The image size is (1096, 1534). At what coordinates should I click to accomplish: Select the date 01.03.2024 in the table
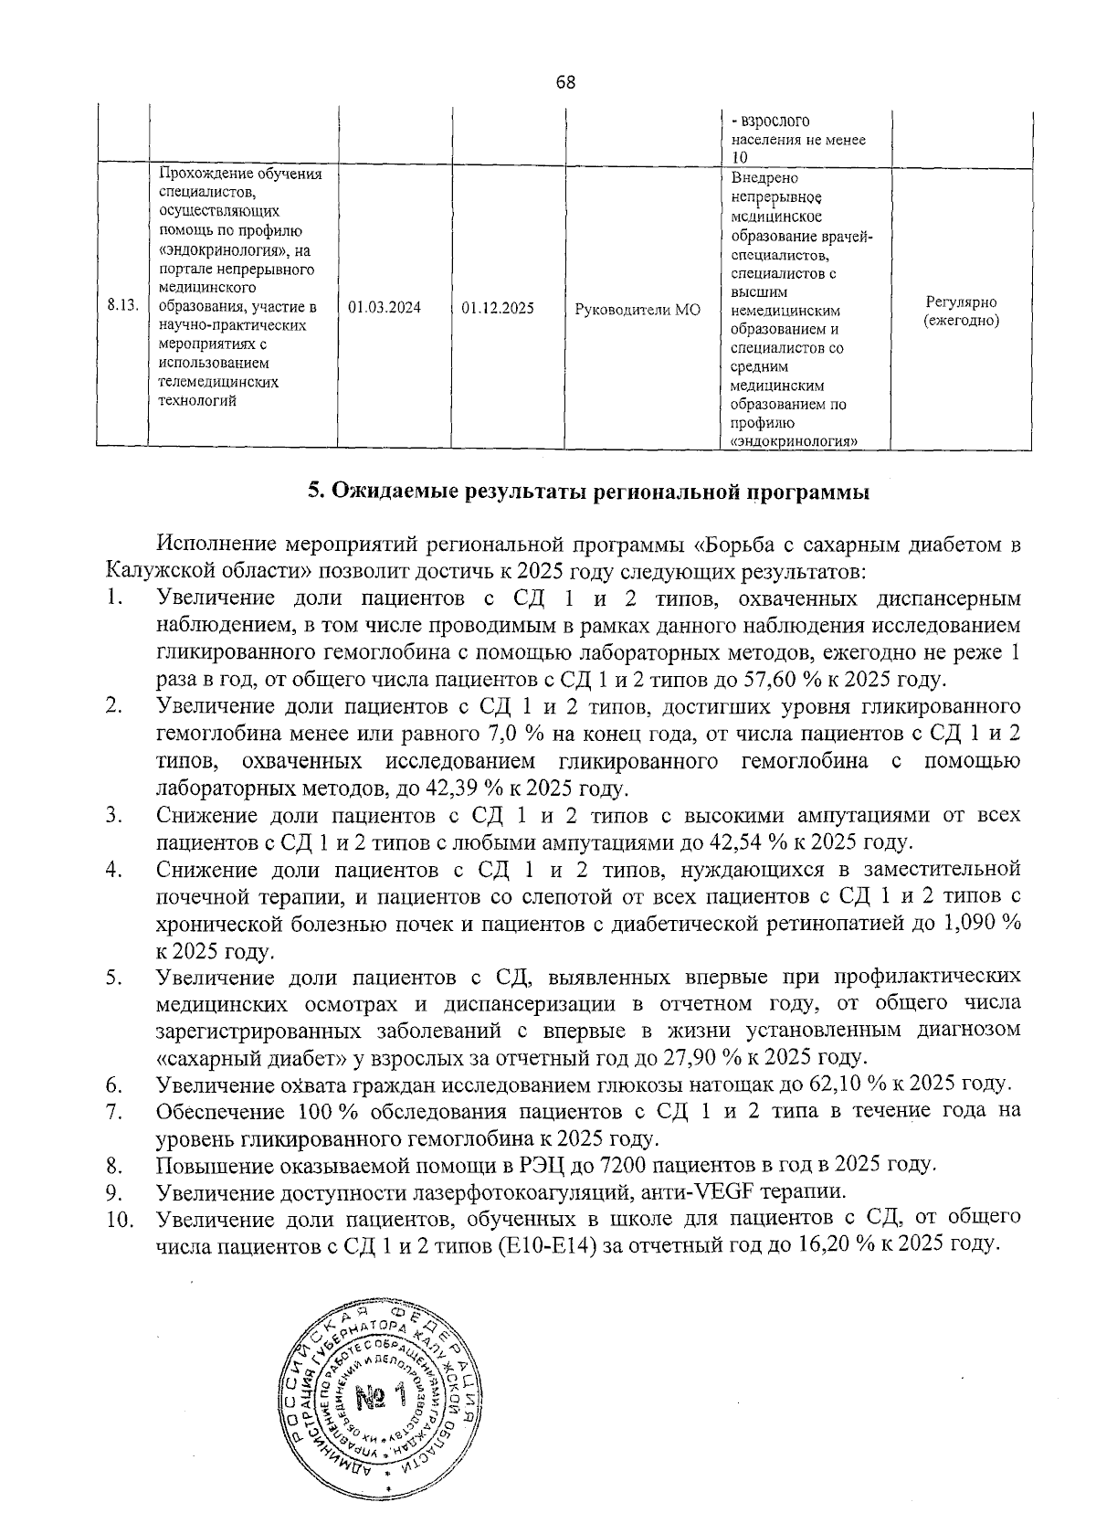pyautogui.click(x=385, y=309)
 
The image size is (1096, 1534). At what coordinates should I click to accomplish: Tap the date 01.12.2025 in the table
pyautogui.click(x=498, y=309)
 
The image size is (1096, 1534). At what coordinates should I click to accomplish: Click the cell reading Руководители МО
pyautogui.click(x=638, y=310)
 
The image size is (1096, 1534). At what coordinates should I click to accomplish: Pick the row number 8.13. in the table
pyautogui.click(x=122, y=305)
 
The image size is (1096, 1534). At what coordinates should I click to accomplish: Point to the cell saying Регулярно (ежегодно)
pyautogui.click(x=960, y=312)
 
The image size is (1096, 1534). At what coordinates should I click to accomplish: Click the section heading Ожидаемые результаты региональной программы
pyautogui.click(x=588, y=492)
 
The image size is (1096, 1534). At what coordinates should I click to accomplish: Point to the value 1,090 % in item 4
pyautogui.click(x=978, y=923)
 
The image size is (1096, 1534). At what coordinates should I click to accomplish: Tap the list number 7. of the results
pyautogui.click(x=115, y=1112)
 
